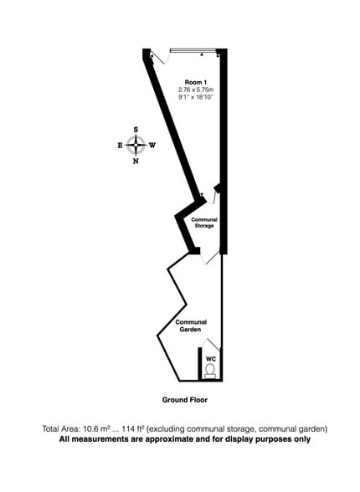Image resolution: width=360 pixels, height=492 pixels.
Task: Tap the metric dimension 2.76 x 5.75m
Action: click(196, 90)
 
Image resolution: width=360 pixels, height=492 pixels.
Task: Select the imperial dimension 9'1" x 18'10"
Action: click(196, 97)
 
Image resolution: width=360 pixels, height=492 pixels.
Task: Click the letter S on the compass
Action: click(136, 130)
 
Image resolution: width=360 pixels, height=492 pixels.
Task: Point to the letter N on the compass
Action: click(136, 161)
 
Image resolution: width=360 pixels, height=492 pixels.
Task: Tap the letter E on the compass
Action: click(120, 146)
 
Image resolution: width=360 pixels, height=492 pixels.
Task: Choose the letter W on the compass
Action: click(152, 146)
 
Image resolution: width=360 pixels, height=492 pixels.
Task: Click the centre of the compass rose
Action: click(136, 145)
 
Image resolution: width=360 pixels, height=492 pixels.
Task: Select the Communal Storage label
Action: click(204, 223)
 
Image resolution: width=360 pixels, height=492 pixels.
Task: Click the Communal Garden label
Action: click(191, 325)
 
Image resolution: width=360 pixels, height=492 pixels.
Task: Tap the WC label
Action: click(211, 359)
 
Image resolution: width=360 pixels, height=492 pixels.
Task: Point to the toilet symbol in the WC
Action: click(209, 371)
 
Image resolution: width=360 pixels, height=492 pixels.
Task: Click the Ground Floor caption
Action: click(185, 400)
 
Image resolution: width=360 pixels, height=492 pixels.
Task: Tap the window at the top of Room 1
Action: click(193, 50)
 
